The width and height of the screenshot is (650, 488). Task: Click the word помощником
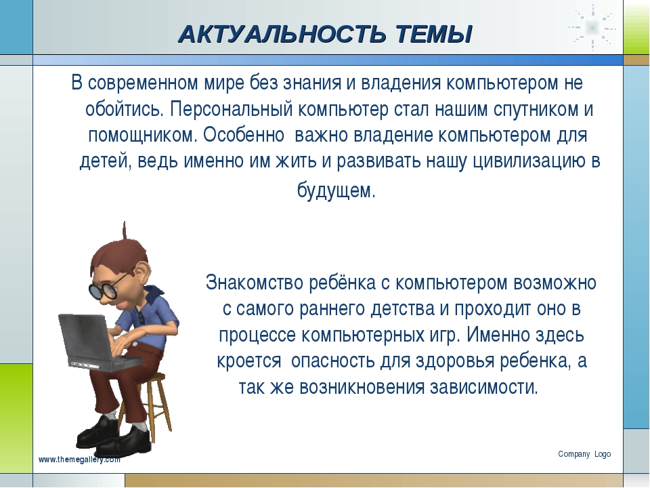143,136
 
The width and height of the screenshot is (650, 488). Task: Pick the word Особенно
244,135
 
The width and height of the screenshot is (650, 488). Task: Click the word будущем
337,191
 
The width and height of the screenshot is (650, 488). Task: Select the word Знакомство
255,283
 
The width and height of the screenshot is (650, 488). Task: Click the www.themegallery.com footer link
80,460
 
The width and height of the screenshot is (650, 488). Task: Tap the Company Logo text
584,454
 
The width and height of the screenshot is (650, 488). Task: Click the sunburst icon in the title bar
592,28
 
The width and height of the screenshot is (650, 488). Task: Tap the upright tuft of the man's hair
125,232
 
